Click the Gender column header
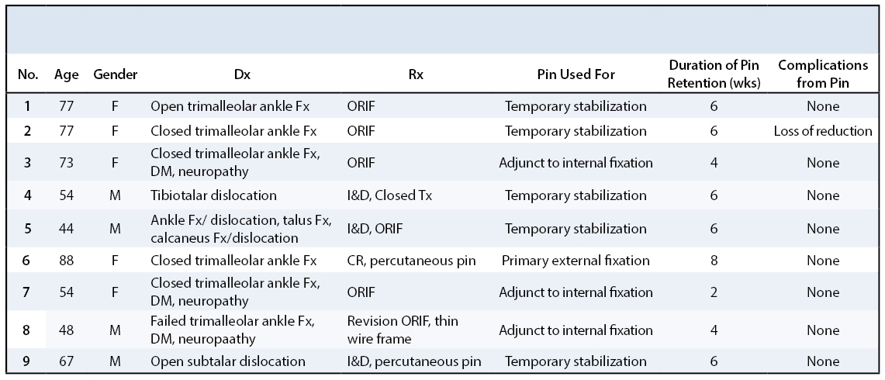[115, 74]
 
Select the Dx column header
[242, 74]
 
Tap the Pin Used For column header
[576, 74]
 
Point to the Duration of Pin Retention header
[714, 74]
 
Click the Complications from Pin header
[823, 74]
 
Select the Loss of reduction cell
[823, 131]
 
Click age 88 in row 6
[66, 261]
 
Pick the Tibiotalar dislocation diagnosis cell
[213, 195]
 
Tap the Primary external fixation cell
[576, 261]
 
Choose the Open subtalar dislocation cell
[227, 361]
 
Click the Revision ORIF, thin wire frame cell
[403, 330]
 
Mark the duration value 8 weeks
[714, 261]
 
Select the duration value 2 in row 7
[714, 292]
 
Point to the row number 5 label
[26, 229]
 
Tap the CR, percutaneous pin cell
[411, 261]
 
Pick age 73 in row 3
[66, 163]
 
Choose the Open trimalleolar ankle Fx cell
[230, 106]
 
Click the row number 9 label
[26, 361]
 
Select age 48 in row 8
[66, 330]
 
